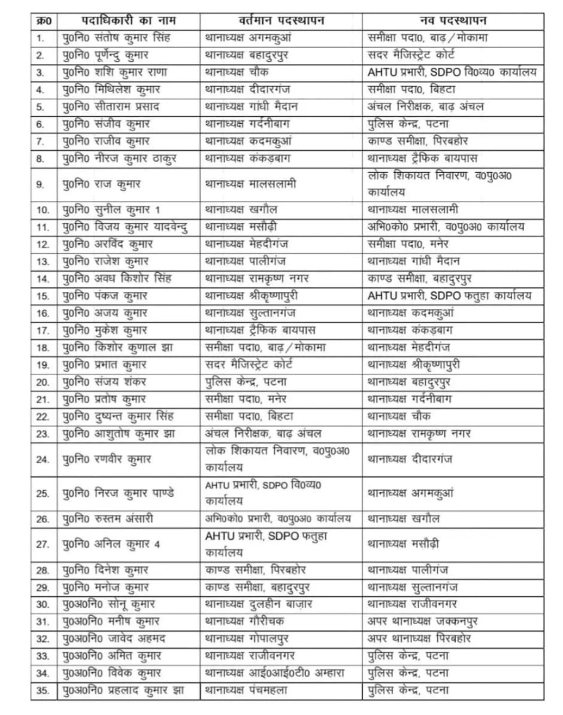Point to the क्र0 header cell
click(x=44, y=21)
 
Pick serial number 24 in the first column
click(x=43, y=460)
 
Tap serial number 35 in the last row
click(x=43, y=690)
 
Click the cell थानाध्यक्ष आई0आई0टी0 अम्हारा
click(x=275, y=673)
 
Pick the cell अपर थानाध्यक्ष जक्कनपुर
click(x=423, y=621)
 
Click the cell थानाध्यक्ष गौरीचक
click(x=246, y=621)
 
